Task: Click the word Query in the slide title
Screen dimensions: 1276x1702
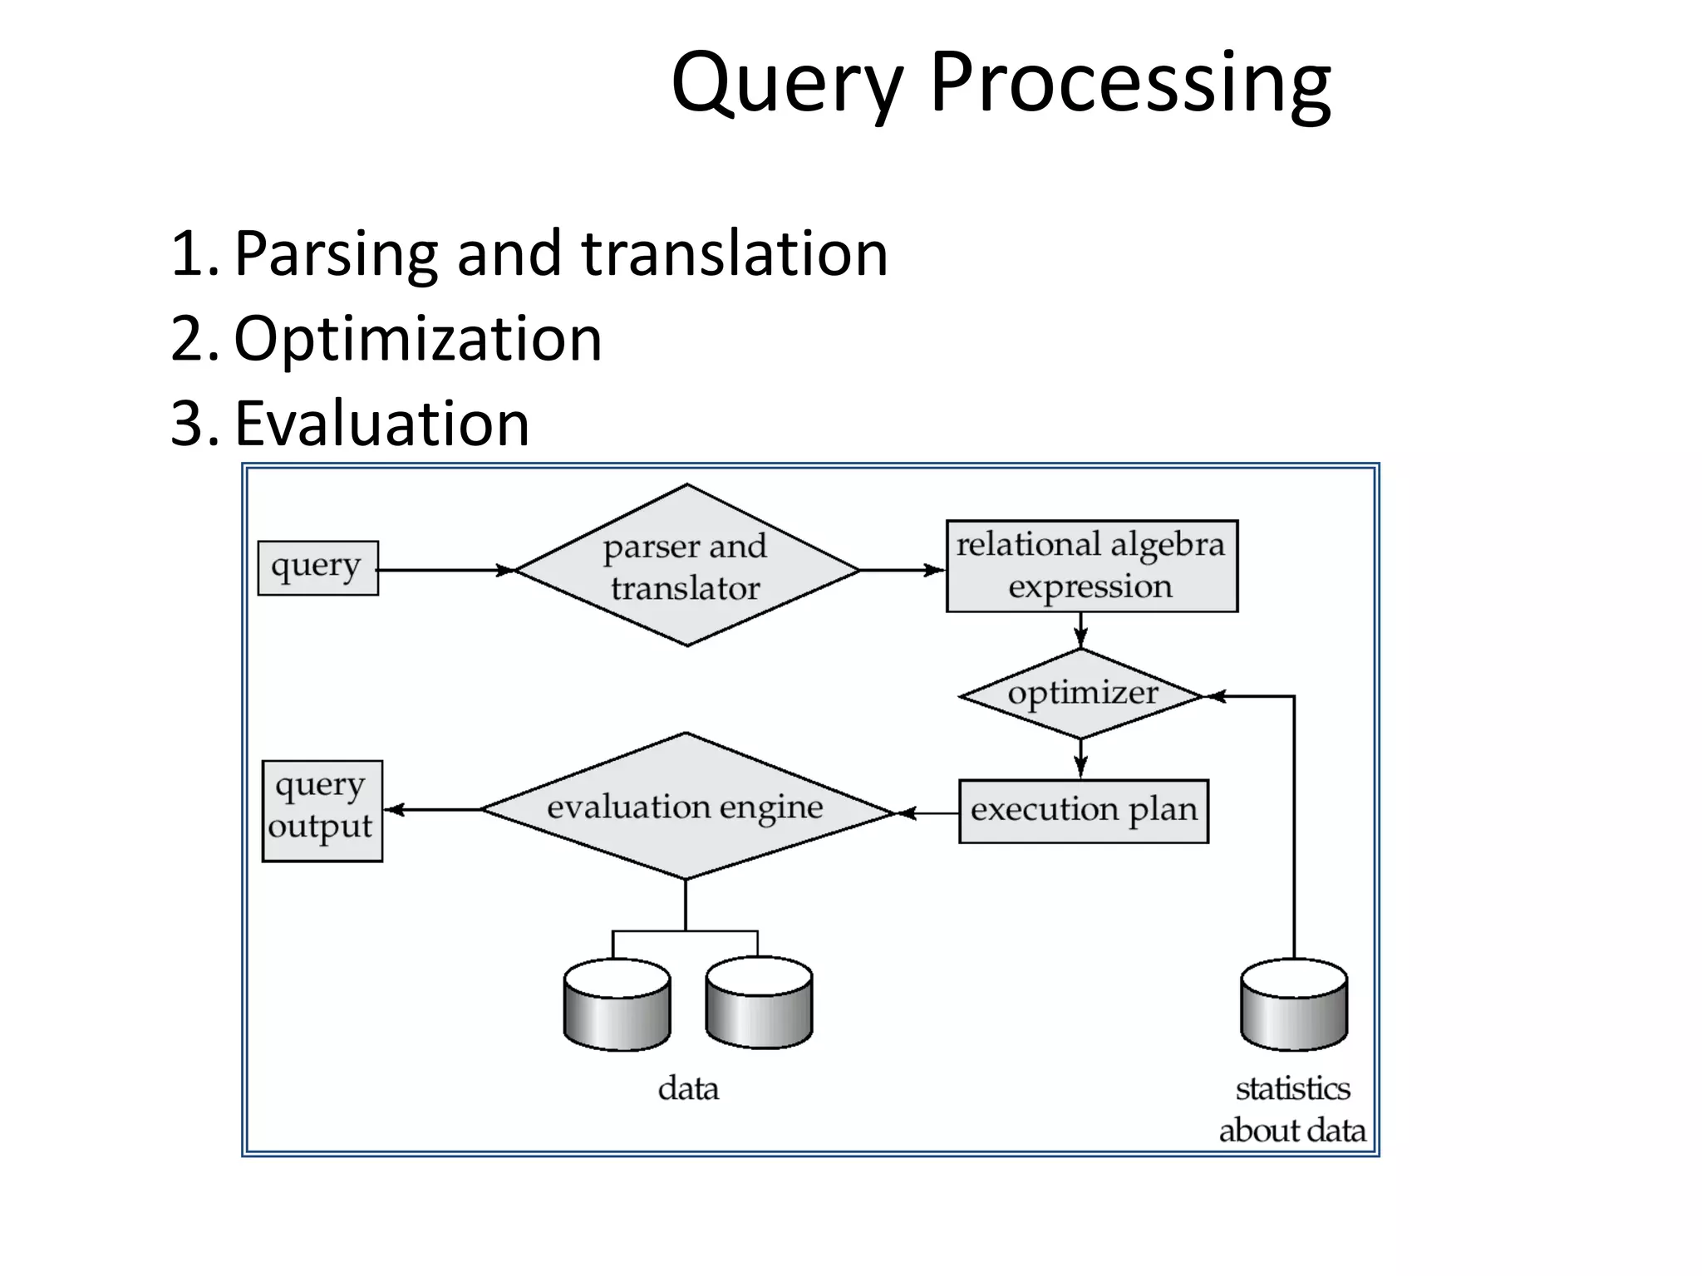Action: tap(786, 83)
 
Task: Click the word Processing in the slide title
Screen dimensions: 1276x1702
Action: tap(1130, 83)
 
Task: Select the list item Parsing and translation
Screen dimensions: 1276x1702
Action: tap(561, 253)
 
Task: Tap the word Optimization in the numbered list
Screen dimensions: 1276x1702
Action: tap(417, 339)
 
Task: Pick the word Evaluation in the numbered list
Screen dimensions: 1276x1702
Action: tap(381, 424)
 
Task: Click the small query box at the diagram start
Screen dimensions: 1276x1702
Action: tap(317, 567)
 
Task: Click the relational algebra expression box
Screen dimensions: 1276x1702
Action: tap(1091, 567)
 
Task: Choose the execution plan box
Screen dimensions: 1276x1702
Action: tap(1083, 811)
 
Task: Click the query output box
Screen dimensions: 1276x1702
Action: tap(322, 811)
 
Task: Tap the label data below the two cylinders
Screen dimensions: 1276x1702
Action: tap(688, 1088)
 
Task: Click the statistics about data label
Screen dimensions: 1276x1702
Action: tap(1292, 1110)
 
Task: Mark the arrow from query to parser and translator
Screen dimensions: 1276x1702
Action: tap(445, 571)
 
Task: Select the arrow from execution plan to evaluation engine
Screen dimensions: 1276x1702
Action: tap(927, 813)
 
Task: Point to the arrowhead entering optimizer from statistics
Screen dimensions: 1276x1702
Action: tap(1216, 696)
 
